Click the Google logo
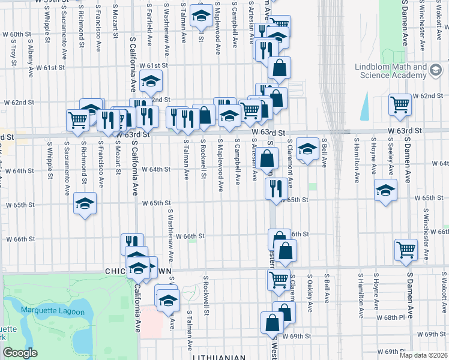20,353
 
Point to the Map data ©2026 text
423,355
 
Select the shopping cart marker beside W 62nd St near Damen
400,104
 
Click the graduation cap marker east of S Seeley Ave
385,190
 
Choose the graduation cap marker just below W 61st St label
151,80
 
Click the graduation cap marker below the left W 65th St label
85,205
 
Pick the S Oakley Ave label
310,296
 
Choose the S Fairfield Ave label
149,23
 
